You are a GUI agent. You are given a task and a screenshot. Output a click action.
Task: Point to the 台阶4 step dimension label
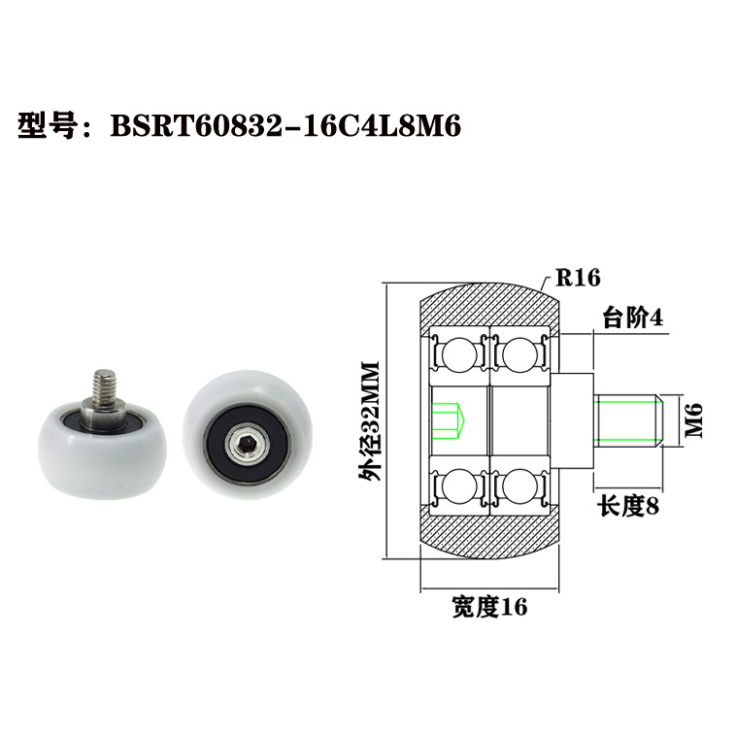(x=632, y=318)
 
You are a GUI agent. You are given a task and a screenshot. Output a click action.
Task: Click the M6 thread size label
(x=693, y=421)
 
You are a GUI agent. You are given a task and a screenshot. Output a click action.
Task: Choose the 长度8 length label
(x=628, y=505)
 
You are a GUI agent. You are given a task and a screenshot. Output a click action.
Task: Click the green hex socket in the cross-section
(x=449, y=420)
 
